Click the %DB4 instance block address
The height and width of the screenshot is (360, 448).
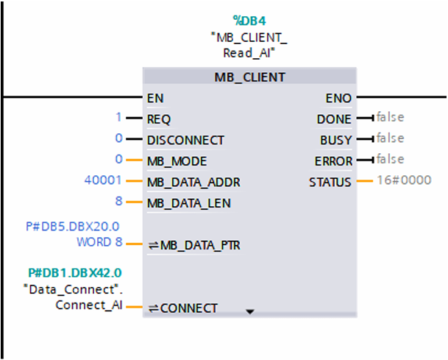(x=249, y=21)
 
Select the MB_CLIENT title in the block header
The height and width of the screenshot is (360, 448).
(x=249, y=77)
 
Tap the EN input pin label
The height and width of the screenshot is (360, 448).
(x=155, y=99)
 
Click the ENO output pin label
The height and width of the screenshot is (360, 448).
(x=338, y=99)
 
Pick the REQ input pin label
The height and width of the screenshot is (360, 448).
(x=159, y=119)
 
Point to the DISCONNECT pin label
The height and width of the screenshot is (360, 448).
(x=185, y=140)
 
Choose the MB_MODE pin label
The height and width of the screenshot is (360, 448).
(x=177, y=161)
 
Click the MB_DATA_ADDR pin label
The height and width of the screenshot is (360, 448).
(x=193, y=182)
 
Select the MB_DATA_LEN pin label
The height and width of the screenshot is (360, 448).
(x=189, y=203)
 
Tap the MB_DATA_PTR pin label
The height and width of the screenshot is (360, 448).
(x=200, y=245)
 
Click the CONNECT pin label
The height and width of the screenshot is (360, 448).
(x=188, y=308)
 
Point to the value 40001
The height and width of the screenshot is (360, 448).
(x=103, y=180)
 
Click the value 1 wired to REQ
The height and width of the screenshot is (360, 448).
(x=118, y=117)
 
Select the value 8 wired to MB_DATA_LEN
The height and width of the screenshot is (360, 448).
(x=119, y=201)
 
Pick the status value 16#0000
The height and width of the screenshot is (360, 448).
(x=404, y=180)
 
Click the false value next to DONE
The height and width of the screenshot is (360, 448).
(x=390, y=117)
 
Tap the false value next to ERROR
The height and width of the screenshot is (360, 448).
(x=390, y=159)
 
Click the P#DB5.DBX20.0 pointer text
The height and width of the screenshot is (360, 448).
(x=73, y=227)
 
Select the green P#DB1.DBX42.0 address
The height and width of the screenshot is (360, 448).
(x=75, y=273)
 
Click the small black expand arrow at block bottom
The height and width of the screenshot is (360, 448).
(x=250, y=311)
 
